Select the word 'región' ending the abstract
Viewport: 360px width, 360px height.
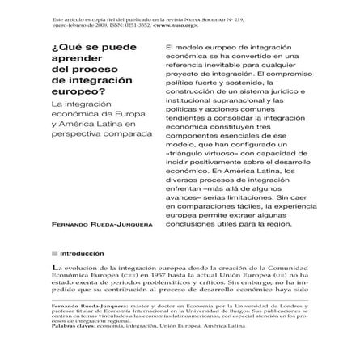(x=278, y=224)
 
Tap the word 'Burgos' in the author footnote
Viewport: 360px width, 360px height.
(x=238, y=307)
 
